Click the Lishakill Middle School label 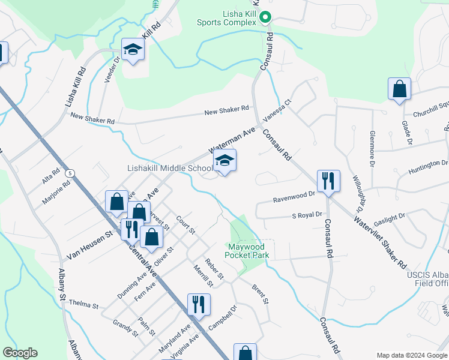pos(170,169)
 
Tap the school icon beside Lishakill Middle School pos(224,161)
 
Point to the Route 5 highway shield pos(71,173)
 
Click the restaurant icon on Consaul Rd pos(328,181)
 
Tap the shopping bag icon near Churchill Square pos(399,89)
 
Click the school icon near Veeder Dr pos(133,50)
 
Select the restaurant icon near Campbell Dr pos(199,304)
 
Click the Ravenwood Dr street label pos(294,194)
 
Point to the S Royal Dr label pos(307,214)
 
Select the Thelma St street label pos(83,305)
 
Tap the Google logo pos(20,353)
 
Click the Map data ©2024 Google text pos(412,355)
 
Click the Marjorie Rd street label pos(56,192)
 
